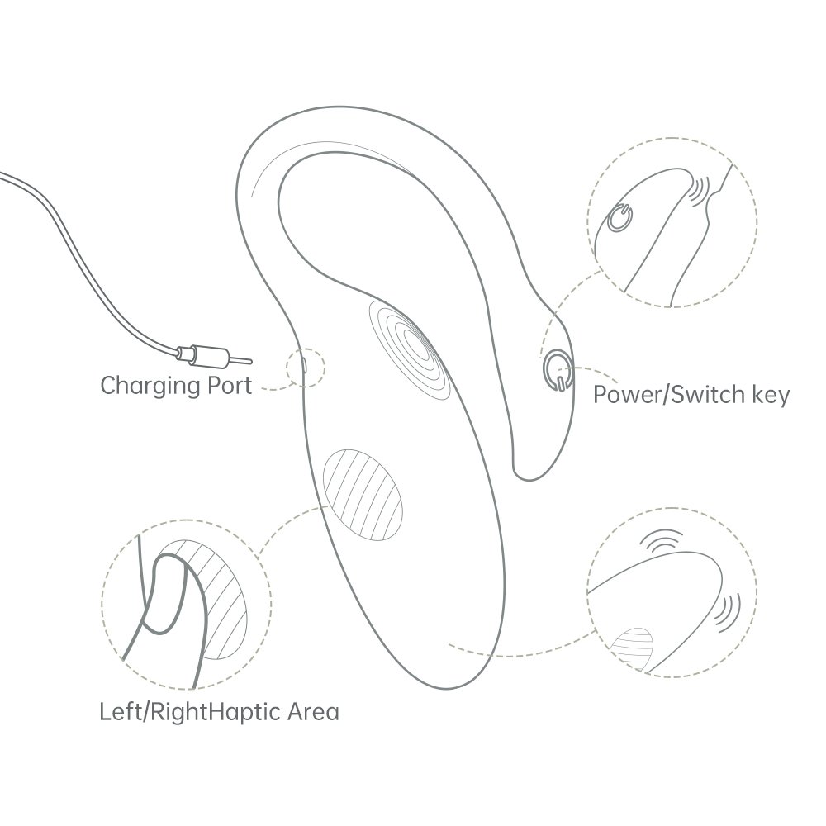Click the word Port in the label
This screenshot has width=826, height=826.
230,386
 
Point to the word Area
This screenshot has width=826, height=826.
313,712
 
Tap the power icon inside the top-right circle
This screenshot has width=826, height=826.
620,217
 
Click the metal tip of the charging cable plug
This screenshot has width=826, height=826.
240,360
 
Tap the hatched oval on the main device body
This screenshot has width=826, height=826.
363,494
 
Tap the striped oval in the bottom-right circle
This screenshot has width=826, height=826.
633,648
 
